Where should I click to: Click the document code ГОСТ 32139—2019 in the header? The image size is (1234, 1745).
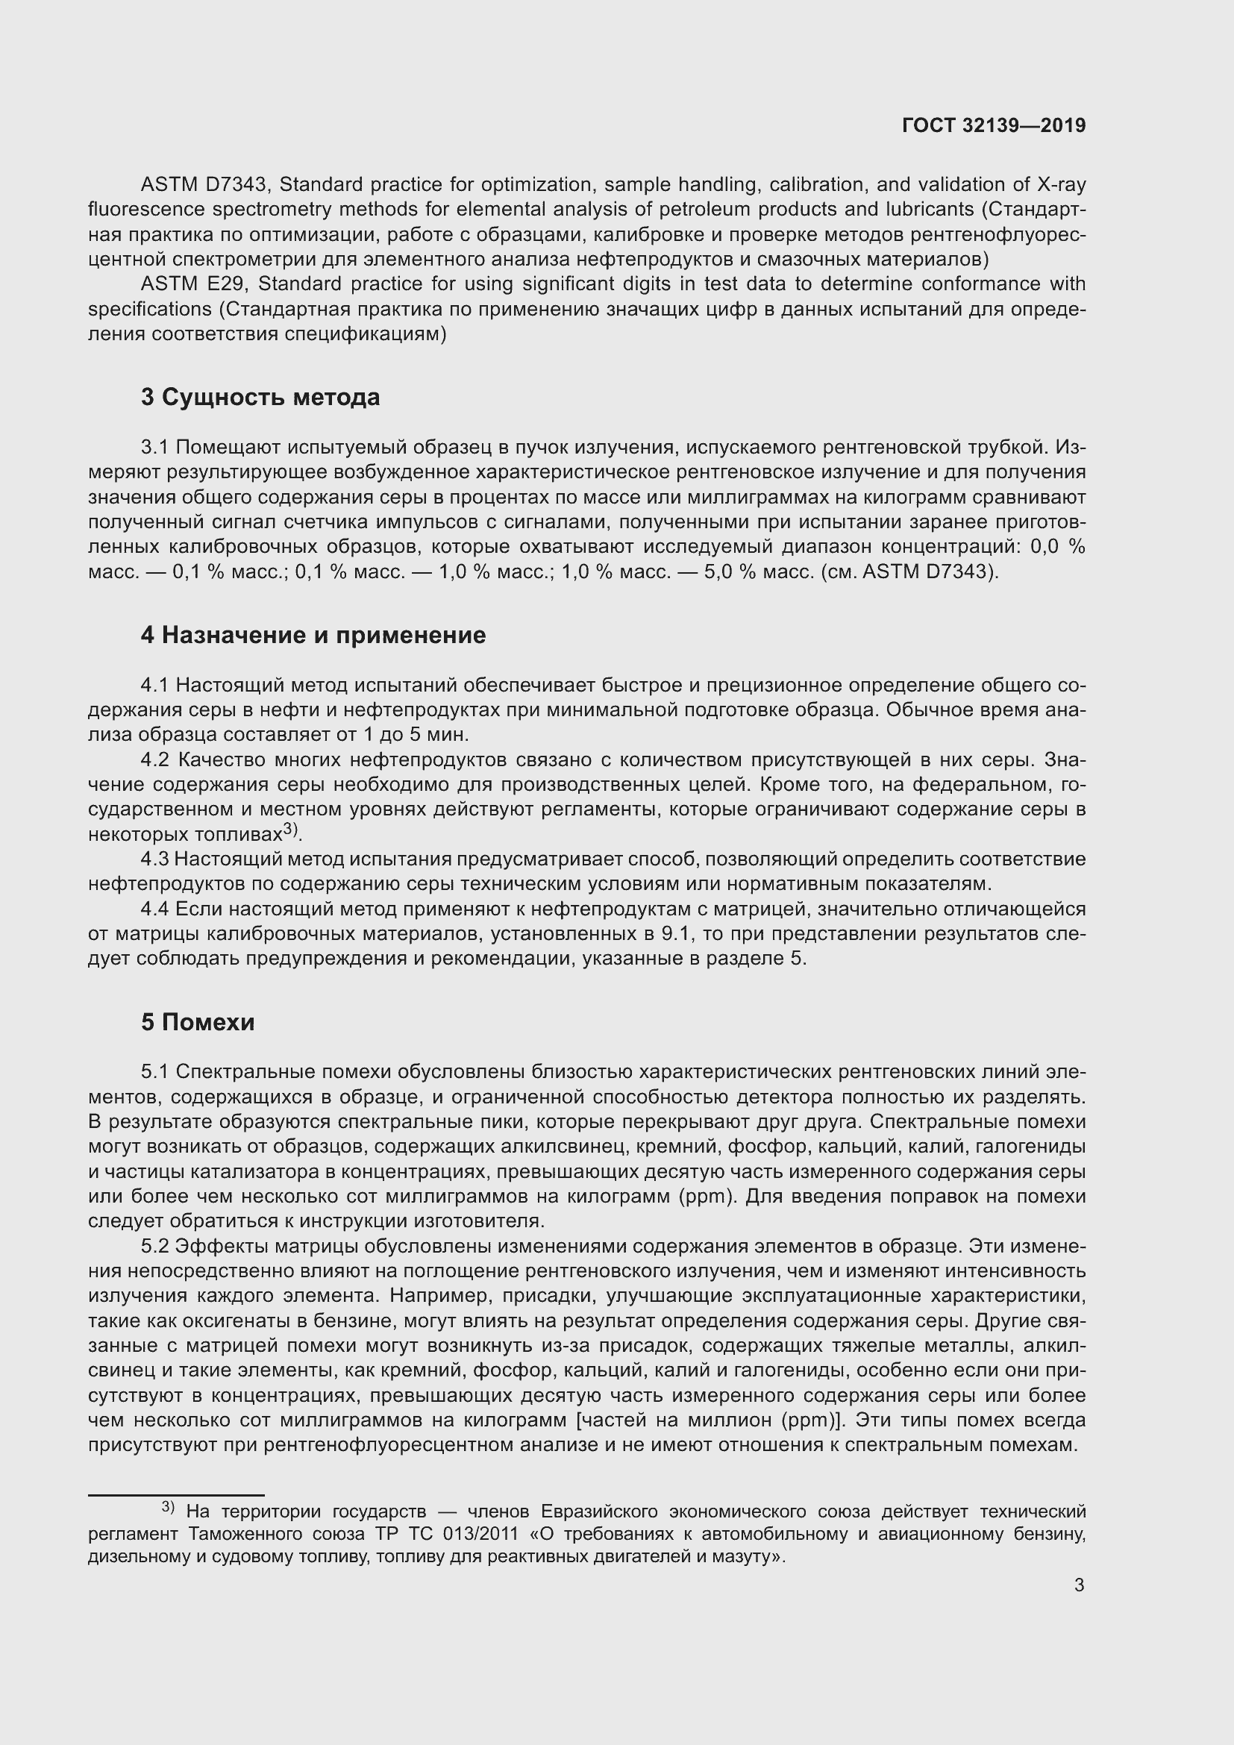(994, 125)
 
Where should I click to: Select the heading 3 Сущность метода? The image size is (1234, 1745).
(260, 397)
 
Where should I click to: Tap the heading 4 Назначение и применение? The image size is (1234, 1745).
(313, 635)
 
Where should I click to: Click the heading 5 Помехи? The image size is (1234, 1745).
(198, 1022)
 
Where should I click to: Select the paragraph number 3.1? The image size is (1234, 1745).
(155, 447)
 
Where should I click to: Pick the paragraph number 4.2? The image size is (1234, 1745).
(156, 759)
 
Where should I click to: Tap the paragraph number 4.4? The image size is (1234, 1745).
(155, 909)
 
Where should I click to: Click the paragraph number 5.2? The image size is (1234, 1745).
(155, 1247)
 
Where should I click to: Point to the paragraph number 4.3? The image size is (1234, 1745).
(155, 859)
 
